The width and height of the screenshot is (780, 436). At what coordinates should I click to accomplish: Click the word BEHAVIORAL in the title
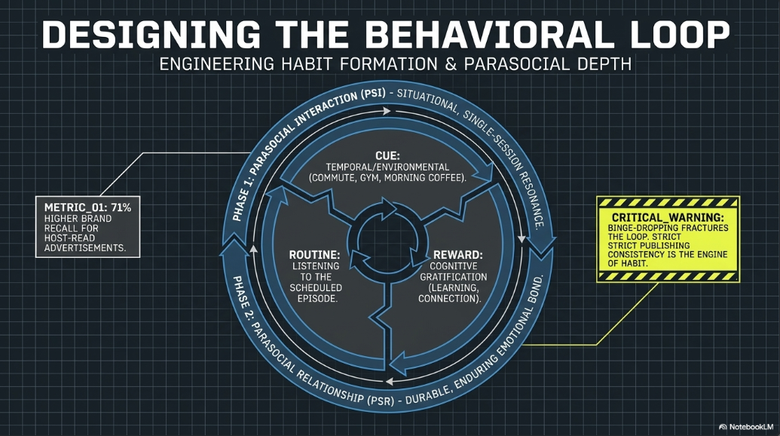489,35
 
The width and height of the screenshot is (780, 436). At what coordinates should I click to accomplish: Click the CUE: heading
387,156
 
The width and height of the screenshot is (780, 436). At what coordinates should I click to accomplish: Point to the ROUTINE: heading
315,255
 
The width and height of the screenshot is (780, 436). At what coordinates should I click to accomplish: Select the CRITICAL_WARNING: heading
668,217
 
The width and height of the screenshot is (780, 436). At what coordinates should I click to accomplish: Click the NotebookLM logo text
751,426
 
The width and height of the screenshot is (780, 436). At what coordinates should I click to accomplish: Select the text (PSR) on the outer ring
380,399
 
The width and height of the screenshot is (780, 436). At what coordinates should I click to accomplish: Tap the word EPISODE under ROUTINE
317,299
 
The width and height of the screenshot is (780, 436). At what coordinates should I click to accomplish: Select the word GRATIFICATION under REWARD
454,277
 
